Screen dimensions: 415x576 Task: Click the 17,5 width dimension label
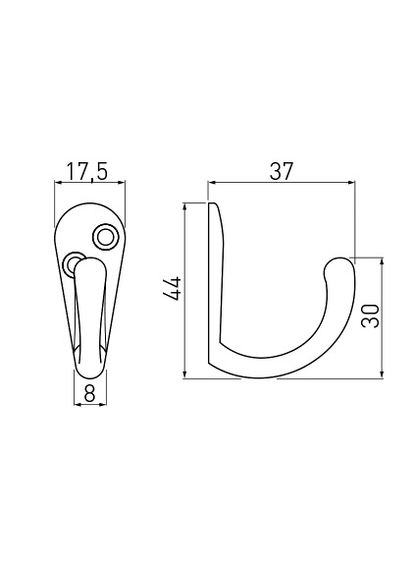pos(87,171)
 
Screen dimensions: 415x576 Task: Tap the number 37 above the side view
pos(282,171)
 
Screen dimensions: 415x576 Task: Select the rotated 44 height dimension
pos(173,289)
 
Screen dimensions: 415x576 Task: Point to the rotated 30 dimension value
pos(370,316)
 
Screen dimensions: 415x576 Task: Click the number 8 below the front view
pos(89,393)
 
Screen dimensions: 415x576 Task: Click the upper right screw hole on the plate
pos(106,237)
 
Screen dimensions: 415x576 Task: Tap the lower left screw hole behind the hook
pos(72,262)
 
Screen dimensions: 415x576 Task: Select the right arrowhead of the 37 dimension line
pos(352,182)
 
